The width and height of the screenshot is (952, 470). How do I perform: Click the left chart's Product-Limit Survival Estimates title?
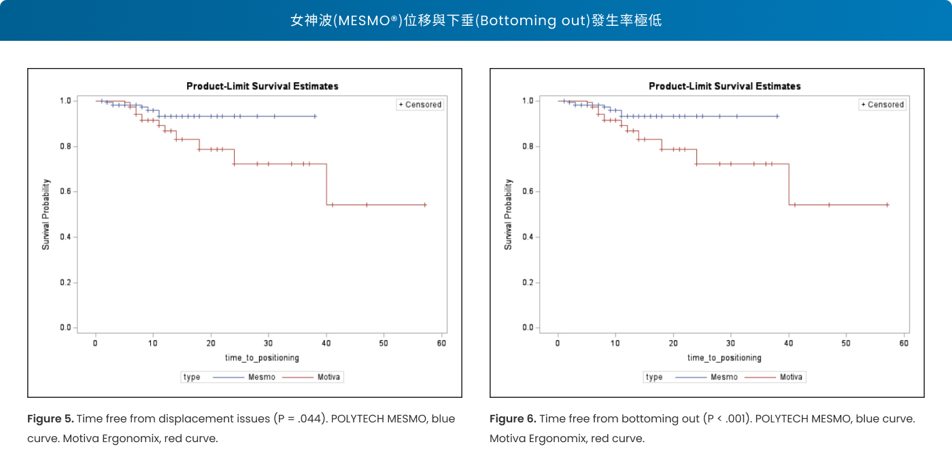(x=262, y=86)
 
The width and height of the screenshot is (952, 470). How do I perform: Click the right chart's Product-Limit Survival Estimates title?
(x=724, y=86)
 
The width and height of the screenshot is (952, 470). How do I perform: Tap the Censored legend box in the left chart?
(x=420, y=105)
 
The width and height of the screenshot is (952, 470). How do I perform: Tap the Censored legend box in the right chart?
(x=882, y=105)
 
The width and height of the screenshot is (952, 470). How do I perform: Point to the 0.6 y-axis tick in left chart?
(x=66, y=192)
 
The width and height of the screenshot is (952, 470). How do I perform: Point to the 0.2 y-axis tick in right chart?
(x=528, y=282)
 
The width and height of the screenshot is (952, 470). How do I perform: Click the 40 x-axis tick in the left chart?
(x=326, y=343)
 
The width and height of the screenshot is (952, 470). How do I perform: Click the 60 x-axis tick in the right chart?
(x=904, y=343)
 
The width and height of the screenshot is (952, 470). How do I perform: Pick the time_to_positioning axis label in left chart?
(x=262, y=358)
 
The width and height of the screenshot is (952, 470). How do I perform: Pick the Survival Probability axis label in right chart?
(x=508, y=214)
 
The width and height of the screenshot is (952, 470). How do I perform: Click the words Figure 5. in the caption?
(x=50, y=419)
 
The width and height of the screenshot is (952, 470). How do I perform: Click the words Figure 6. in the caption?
(x=513, y=419)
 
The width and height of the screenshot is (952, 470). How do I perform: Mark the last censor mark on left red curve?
(x=425, y=205)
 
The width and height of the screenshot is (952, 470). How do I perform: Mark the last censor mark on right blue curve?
(x=777, y=116)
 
